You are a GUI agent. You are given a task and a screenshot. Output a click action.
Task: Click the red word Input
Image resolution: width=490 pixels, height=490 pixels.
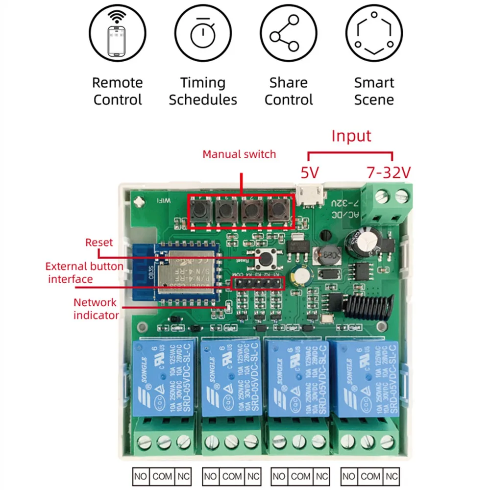click(351, 135)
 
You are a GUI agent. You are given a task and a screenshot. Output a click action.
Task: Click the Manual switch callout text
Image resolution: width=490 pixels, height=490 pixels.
click(239, 154)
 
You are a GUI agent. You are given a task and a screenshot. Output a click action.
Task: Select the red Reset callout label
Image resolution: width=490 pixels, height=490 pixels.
click(99, 242)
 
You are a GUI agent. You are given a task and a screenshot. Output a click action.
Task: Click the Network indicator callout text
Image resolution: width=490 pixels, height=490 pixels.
click(96, 309)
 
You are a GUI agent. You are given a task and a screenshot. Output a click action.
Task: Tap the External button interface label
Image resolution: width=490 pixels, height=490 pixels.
click(84, 273)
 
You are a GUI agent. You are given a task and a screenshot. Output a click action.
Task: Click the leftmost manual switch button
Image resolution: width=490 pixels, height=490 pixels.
click(200, 211)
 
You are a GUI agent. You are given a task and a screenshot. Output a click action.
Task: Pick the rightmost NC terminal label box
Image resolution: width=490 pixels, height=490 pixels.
click(391, 475)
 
